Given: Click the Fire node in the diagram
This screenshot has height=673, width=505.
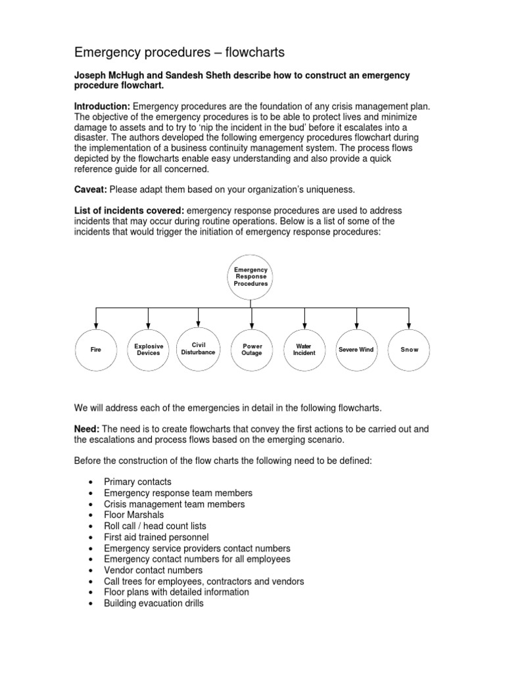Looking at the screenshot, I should tap(97, 350).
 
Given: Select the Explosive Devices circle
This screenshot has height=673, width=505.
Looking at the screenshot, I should tap(149, 350).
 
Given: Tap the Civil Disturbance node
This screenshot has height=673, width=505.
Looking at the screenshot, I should tap(199, 349).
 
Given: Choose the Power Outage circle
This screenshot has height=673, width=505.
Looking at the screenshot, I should tap(252, 350).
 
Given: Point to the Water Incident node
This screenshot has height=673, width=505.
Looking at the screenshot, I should tap(304, 350).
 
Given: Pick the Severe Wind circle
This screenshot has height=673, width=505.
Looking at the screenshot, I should tap(356, 350).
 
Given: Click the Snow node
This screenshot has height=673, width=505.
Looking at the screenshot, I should tap(409, 350).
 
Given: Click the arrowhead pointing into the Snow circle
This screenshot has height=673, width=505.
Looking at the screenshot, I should tap(409, 326).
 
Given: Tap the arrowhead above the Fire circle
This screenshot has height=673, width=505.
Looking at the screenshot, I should tap(97, 326).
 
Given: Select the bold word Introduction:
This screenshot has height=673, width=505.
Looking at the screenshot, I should tap(102, 106).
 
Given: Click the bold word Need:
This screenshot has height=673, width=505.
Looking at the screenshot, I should tap(86, 429).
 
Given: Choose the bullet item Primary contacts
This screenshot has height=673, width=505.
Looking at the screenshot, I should tap(137, 482).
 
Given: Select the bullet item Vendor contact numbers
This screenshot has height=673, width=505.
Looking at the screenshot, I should tap(153, 570).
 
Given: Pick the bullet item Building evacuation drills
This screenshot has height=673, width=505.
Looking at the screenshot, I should tap(154, 603).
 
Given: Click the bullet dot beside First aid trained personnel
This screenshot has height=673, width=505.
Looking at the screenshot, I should tap(90, 538).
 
